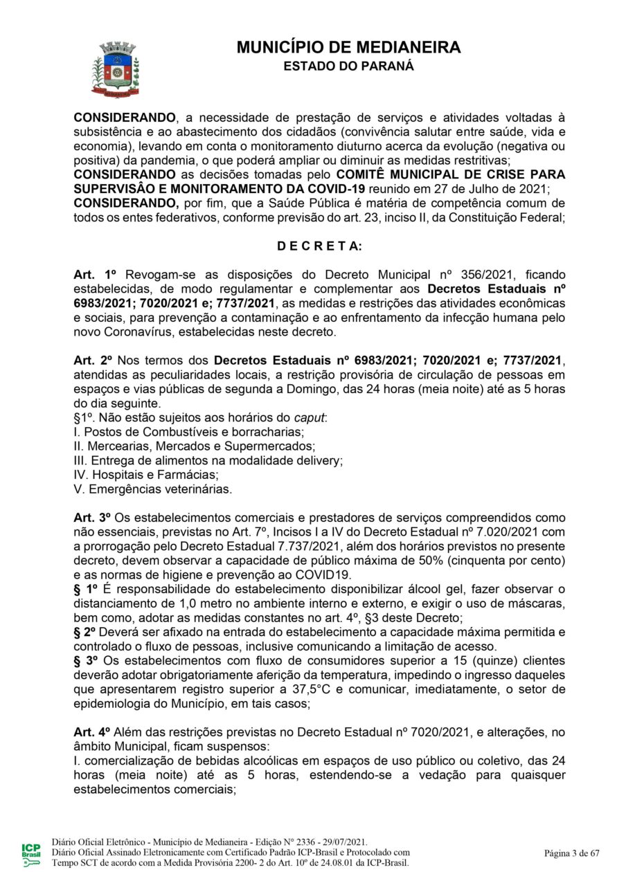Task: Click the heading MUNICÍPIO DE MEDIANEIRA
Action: coord(348,48)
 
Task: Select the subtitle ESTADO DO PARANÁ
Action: coord(348,66)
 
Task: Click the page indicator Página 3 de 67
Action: coord(571,853)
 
